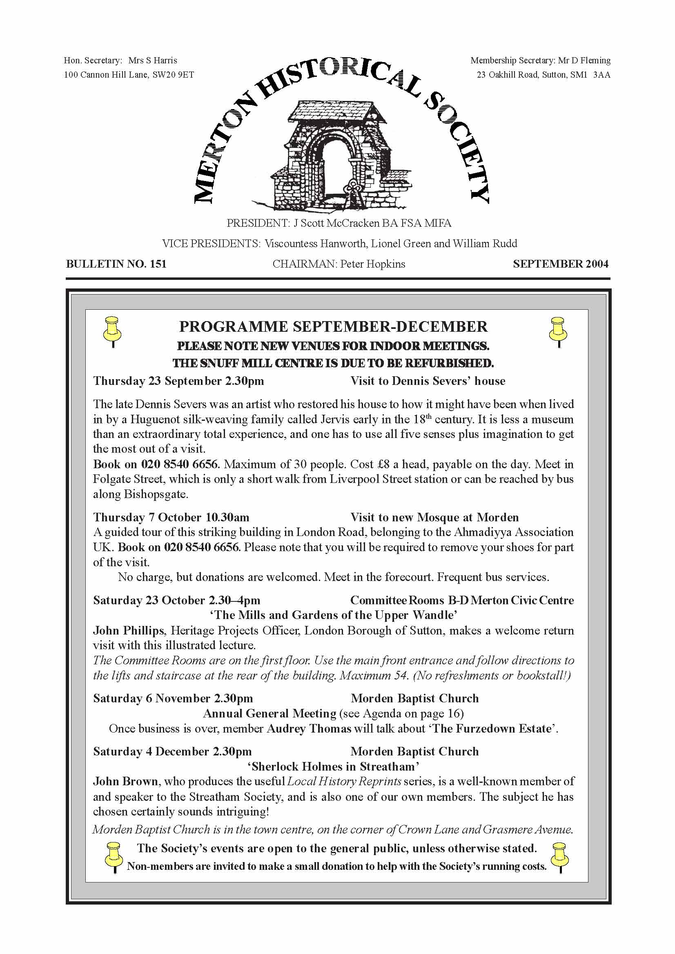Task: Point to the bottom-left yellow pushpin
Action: coord(114,857)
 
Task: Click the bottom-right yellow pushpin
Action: coord(559,857)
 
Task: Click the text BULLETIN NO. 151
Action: coord(116,264)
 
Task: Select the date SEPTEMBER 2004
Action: coord(560,264)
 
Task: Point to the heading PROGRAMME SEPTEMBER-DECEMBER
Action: coord(333,327)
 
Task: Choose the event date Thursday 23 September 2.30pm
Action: coord(178,381)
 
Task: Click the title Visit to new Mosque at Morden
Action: coord(434,517)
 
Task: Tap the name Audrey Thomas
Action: coord(309,728)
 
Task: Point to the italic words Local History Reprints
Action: coord(344,782)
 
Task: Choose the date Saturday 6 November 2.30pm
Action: coord(172,699)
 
